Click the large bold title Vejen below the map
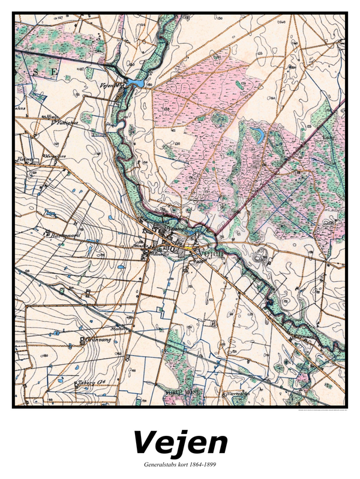click(x=180, y=443)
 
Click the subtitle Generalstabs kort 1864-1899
click(x=180, y=465)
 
